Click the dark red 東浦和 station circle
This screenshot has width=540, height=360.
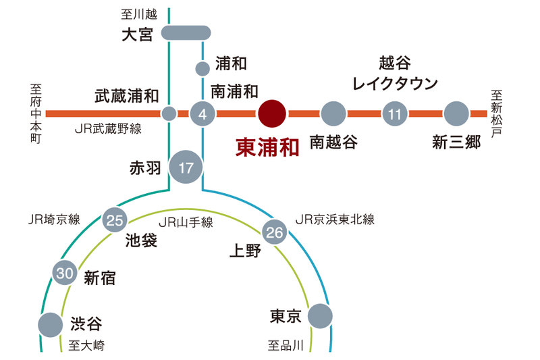[x=273, y=113]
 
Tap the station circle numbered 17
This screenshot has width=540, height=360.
[x=186, y=165]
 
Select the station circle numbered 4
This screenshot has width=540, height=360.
[x=202, y=113]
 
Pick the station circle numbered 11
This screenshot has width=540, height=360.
[x=394, y=113]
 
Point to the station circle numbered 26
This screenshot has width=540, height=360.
[x=274, y=232]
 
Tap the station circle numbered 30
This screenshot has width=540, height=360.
[x=65, y=273]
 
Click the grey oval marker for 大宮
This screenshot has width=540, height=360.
[x=186, y=32]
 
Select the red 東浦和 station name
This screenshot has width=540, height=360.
[x=267, y=148]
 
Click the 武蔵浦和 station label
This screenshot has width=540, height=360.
[x=126, y=96]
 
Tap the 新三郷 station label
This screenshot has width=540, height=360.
[x=456, y=143]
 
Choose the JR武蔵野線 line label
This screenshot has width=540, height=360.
[x=108, y=130]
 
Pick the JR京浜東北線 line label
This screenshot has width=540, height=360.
[x=335, y=219]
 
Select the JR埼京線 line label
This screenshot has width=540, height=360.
[x=54, y=219]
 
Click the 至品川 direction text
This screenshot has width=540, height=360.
[x=286, y=346]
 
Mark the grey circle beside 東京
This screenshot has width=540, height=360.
[x=320, y=315]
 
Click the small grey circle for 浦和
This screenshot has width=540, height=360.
[x=202, y=68]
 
